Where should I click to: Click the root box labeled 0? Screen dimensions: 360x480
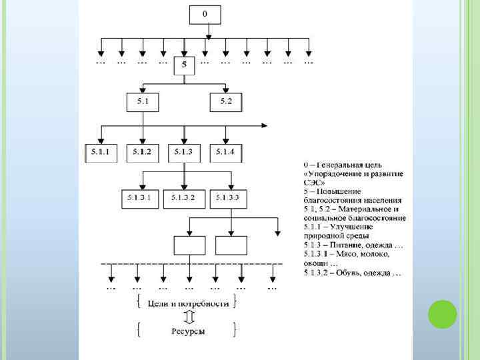(x=205, y=15)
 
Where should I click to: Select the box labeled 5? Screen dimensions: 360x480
(x=184, y=66)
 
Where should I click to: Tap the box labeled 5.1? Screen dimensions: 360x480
(x=143, y=102)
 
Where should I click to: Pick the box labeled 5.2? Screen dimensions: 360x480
(x=225, y=102)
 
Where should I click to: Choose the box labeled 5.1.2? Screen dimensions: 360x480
(x=142, y=153)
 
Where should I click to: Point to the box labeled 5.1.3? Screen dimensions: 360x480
(x=183, y=153)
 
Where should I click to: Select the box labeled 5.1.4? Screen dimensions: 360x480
(x=225, y=153)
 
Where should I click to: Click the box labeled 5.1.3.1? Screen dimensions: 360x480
(x=140, y=199)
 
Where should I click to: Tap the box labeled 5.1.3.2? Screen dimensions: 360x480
(x=183, y=199)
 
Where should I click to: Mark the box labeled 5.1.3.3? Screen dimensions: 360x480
(x=227, y=199)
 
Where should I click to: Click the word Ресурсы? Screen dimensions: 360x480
(x=187, y=331)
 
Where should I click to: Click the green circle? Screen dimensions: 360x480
(x=442, y=314)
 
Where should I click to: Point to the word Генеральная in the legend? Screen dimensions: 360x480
(x=340, y=163)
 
